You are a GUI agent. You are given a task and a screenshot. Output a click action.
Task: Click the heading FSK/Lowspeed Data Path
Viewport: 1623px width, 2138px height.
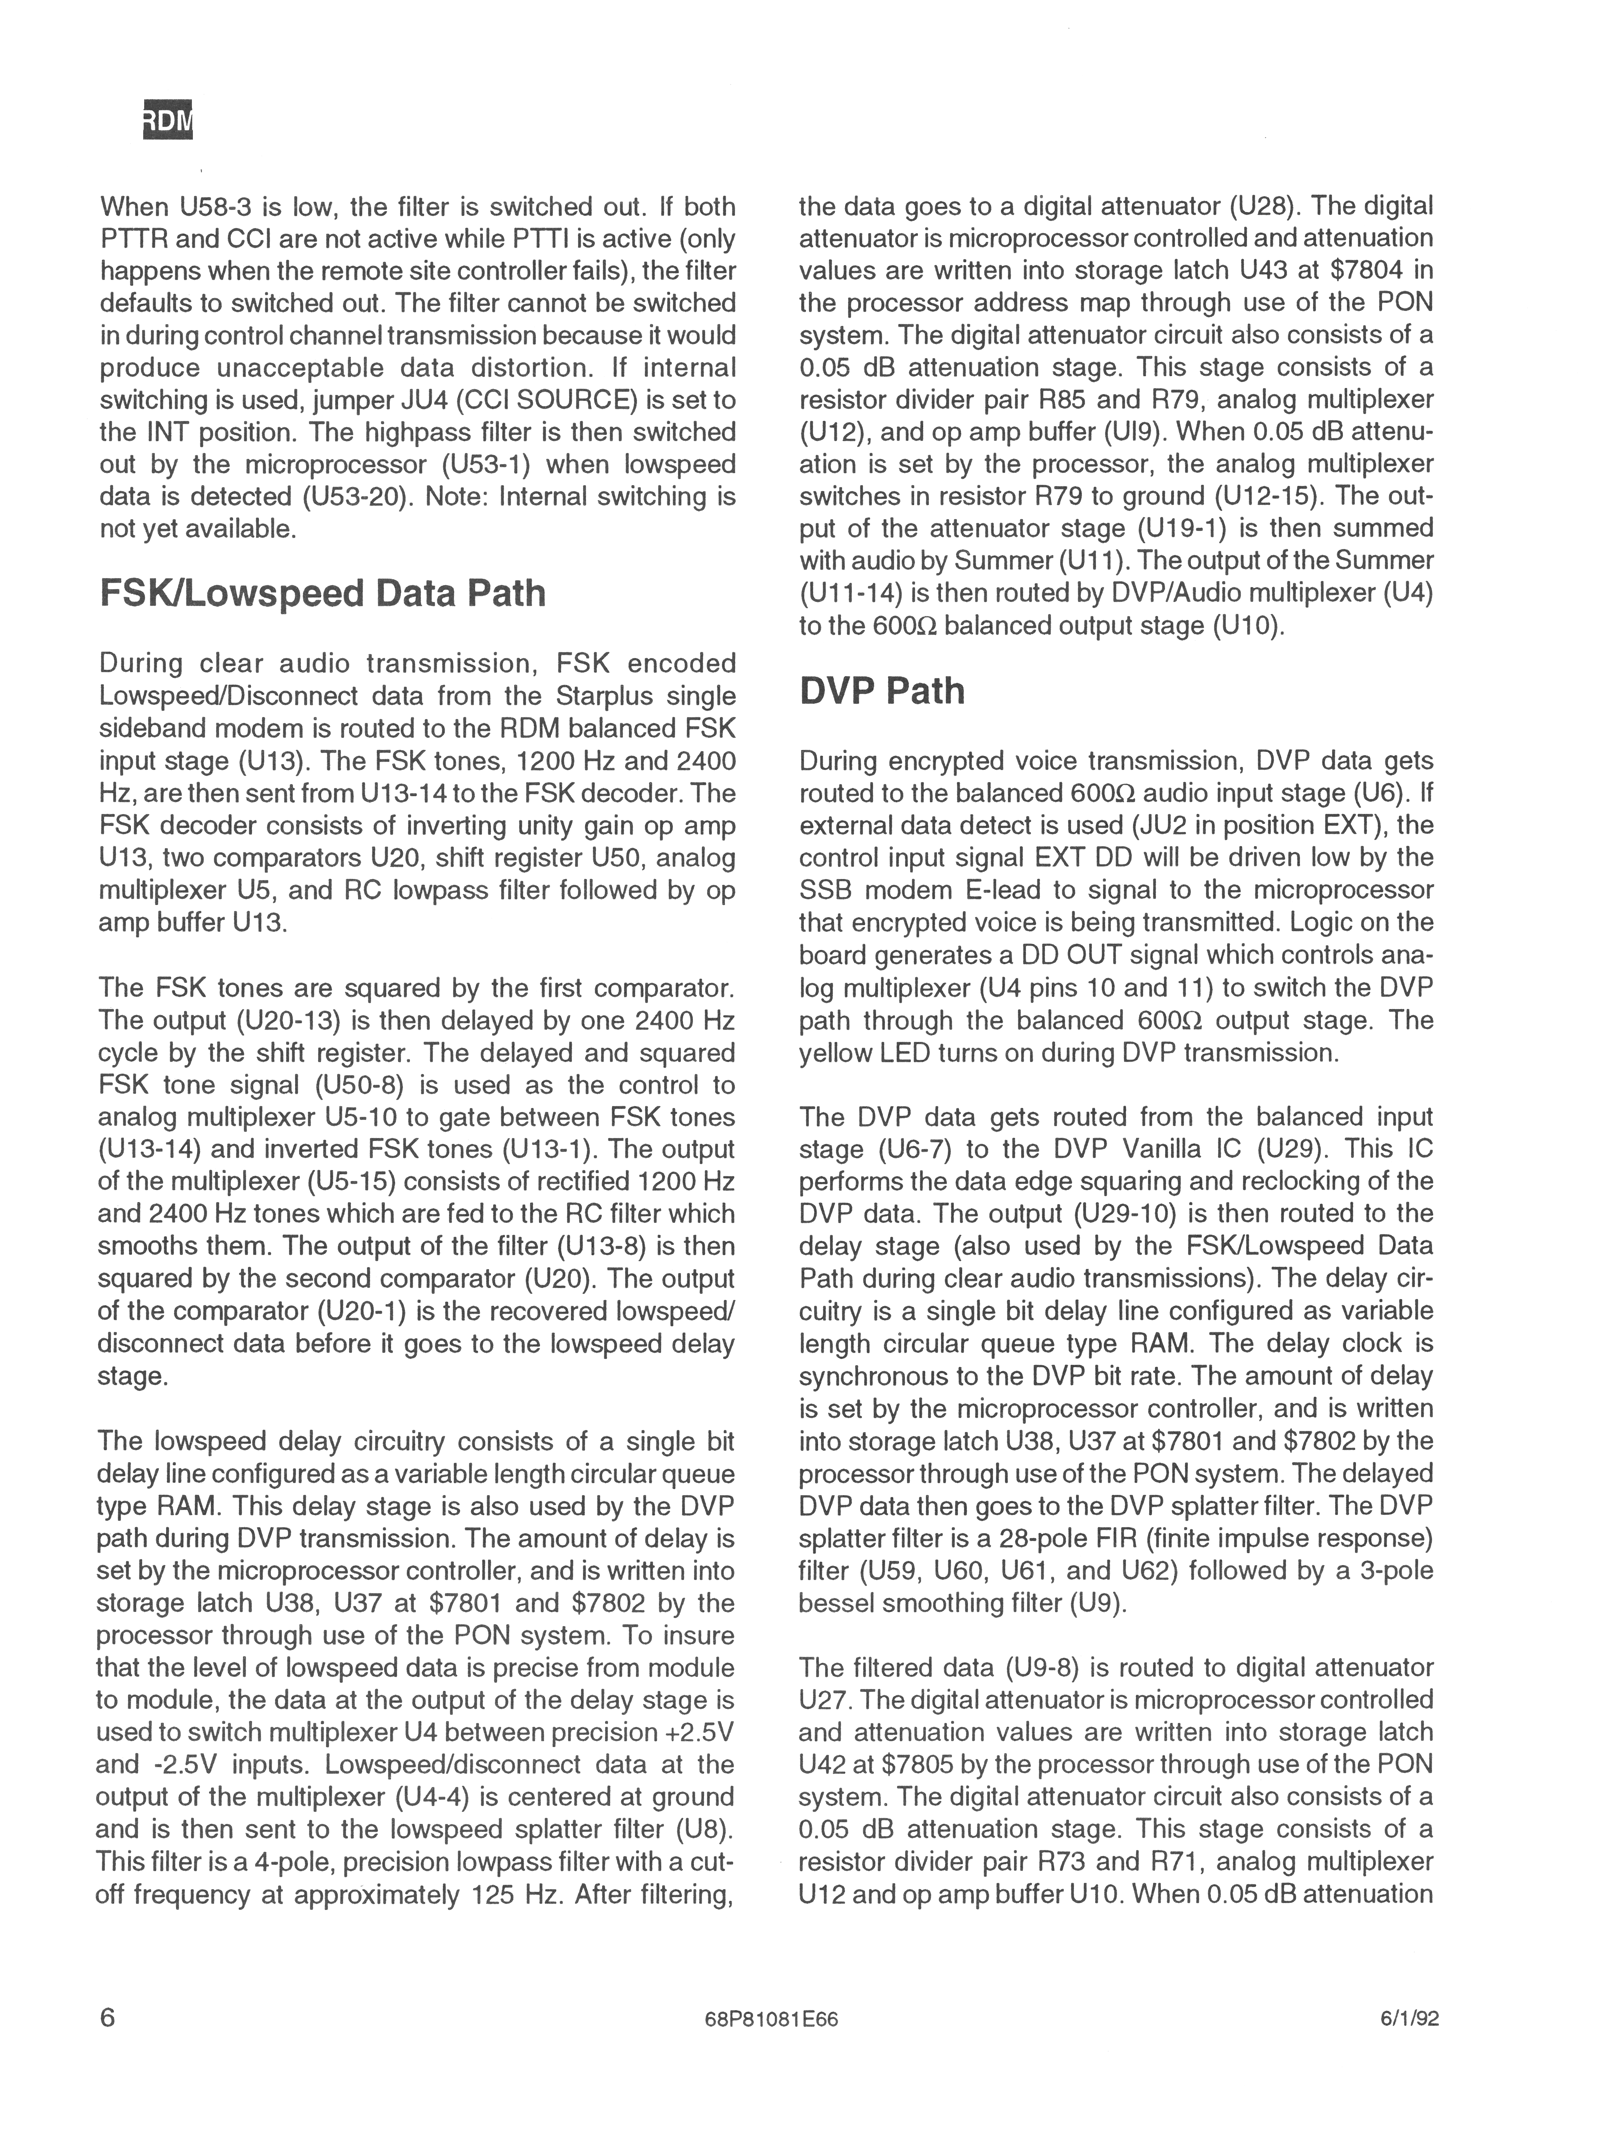click(x=323, y=593)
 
